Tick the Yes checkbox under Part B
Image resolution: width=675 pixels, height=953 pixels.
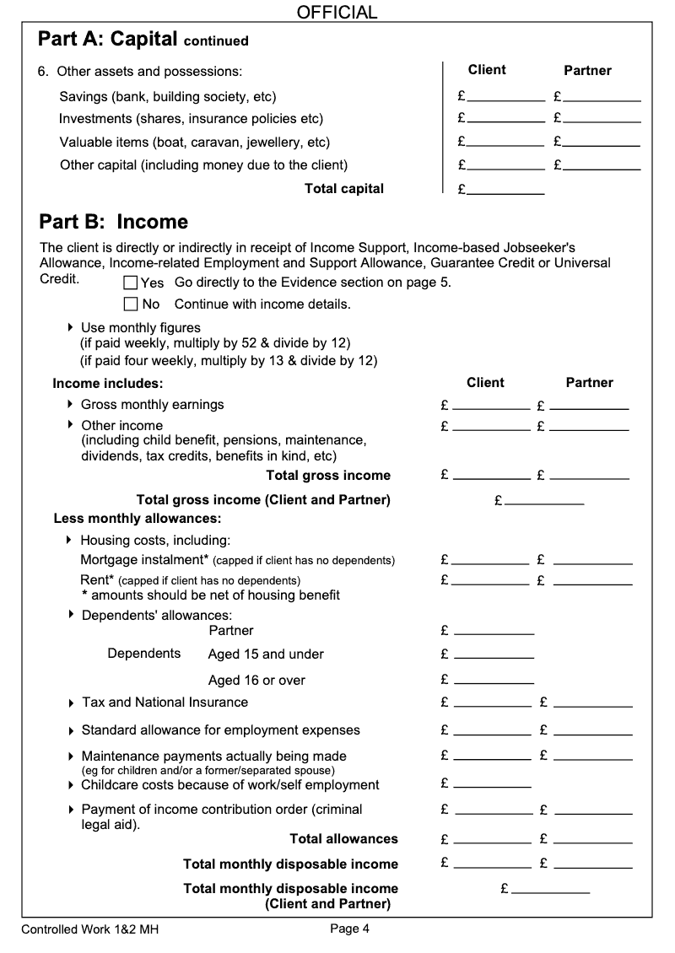click(131, 282)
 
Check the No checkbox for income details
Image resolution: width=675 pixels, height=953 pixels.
click(131, 304)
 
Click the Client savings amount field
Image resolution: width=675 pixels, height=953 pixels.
click(505, 96)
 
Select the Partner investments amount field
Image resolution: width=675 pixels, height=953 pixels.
click(602, 118)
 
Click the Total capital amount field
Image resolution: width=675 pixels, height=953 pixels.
click(505, 190)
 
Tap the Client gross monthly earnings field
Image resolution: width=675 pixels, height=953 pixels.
click(491, 405)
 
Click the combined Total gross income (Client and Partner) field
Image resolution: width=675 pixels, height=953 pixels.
click(544, 500)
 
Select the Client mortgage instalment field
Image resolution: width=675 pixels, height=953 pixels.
click(491, 560)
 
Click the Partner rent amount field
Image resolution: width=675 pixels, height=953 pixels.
click(592, 580)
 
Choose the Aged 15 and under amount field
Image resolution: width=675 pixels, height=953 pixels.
click(494, 654)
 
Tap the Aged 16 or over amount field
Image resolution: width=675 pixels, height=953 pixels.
click(494, 680)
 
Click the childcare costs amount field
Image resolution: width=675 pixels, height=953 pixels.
click(493, 784)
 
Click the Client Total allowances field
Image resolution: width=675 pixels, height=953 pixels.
click(493, 839)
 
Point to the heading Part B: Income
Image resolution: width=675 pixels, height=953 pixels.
click(113, 222)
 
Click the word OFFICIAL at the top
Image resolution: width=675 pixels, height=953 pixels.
click(337, 12)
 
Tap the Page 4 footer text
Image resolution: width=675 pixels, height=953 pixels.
click(349, 929)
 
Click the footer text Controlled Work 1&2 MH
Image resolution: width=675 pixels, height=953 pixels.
click(89, 930)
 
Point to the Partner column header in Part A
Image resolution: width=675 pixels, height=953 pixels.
click(587, 71)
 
